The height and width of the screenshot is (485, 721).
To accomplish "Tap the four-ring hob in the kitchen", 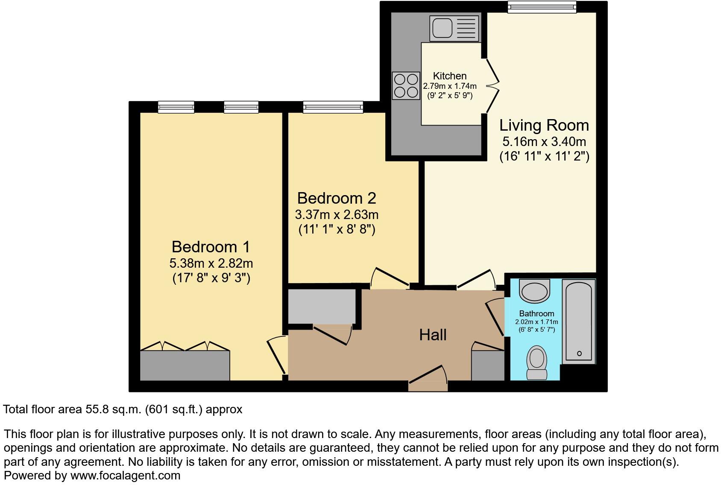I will [x=406, y=85].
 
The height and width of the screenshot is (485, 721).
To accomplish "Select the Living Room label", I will [x=544, y=126].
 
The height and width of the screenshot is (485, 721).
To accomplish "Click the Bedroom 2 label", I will [x=337, y=199].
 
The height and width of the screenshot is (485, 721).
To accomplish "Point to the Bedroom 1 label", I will [x=211, y=247].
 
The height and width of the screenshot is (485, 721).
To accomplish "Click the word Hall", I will [x=433, y=335].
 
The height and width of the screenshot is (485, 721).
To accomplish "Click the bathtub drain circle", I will [x=579, y=354].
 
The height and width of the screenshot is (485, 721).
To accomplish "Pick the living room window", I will [x=542, y=7].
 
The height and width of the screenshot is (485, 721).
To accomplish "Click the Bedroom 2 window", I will [x=333, y=107].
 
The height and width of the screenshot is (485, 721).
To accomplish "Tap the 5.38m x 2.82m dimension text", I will [x=211, y=263].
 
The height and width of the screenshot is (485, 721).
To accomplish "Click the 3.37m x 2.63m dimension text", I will [x=337, y=214].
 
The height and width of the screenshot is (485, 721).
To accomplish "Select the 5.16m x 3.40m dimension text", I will [x=544, y=141].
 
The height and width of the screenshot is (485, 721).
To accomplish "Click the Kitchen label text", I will [x=450, y=76].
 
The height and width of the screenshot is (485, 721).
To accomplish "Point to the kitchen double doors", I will [x=492, y=85].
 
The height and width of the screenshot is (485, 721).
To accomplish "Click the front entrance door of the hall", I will [x=428, y=378].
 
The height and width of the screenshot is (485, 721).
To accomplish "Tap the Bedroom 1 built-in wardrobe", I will [x=185, y=365].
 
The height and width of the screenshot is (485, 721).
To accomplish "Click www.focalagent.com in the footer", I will [x=125, y=476].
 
